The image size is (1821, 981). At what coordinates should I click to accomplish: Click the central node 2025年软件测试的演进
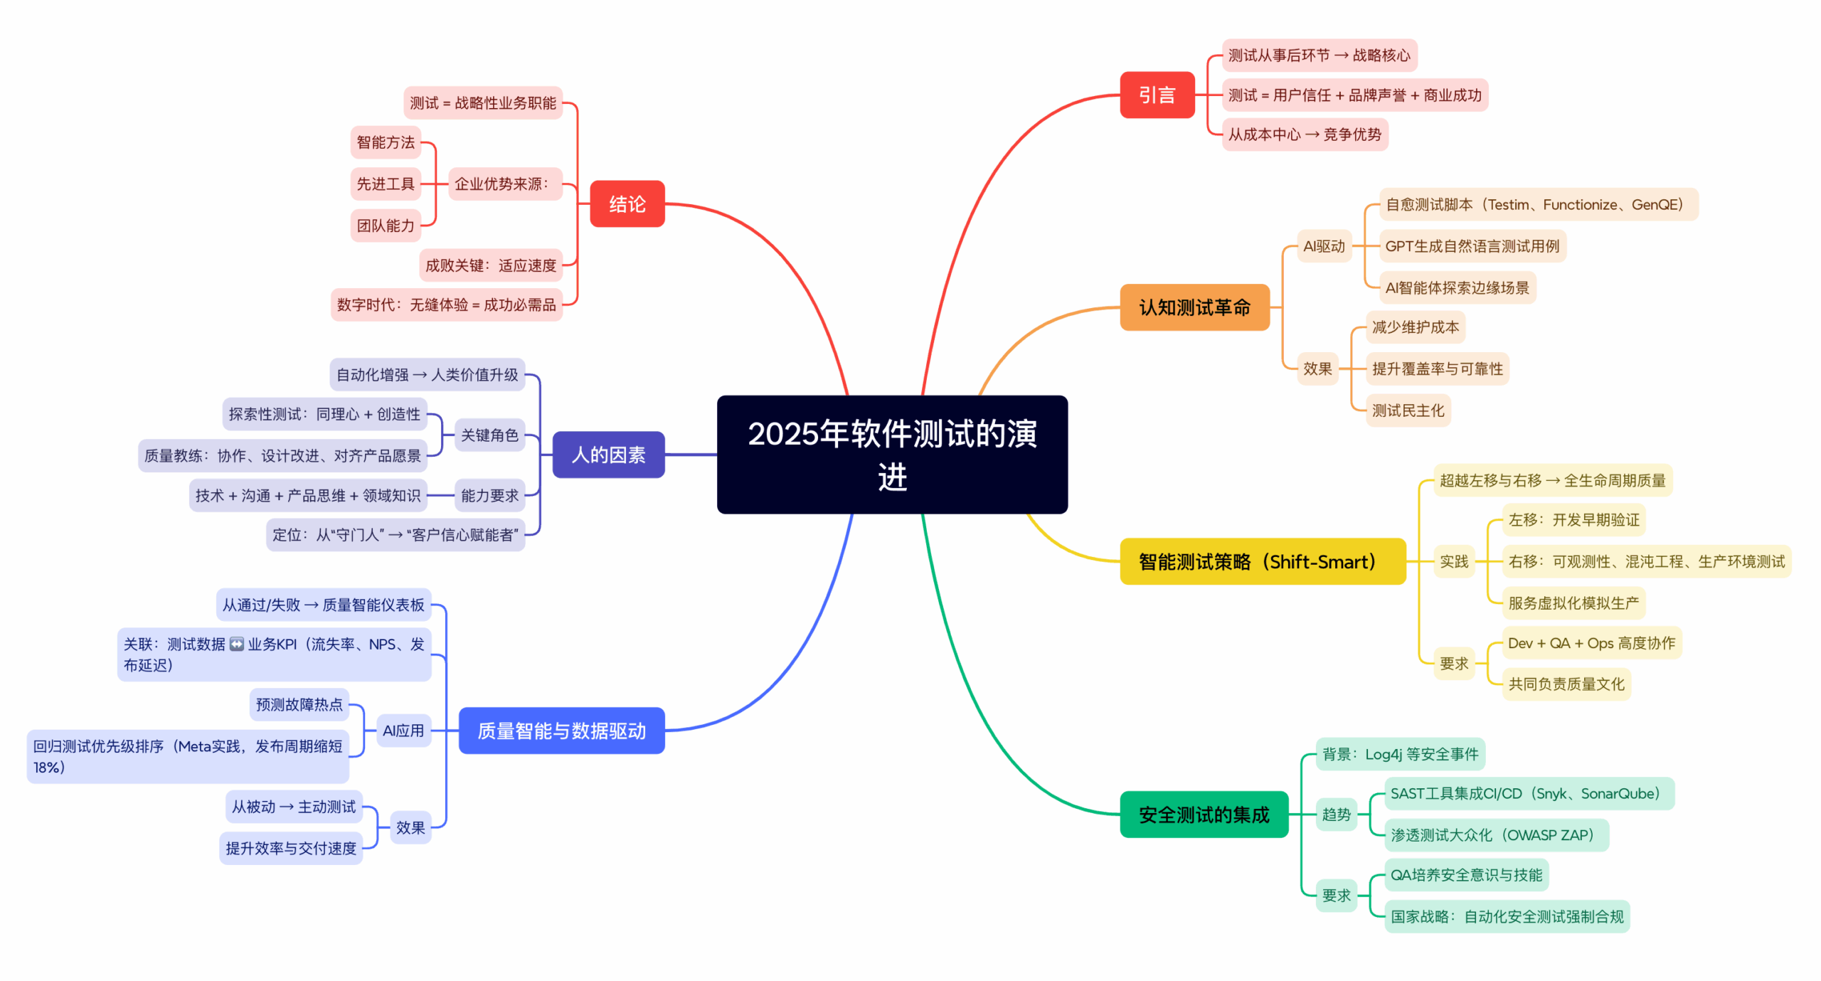click(x=891, y=454)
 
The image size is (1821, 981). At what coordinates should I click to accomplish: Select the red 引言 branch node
click(x=1157, y=95)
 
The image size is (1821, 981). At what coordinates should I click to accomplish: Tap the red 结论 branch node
click(x=627, y=204)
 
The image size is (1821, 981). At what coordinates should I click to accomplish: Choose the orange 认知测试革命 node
click(x=1194, y=307)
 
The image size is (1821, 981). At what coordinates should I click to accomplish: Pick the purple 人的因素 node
click(x=608, y=455)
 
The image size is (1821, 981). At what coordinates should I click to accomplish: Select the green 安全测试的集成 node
click(x=1204, y=814)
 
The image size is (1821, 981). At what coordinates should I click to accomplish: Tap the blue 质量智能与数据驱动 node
click(x=561, y=730)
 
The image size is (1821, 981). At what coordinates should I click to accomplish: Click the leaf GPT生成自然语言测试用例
click(x=1471, y=246)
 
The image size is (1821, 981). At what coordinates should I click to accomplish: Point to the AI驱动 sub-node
click(x=1323, y=246)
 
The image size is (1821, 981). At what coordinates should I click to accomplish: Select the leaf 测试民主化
click(x=1407, y=410)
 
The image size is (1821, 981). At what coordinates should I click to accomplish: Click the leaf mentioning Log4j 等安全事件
click(x=1399, y=753)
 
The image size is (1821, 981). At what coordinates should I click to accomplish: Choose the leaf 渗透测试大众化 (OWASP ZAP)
click(x=1495, y=834)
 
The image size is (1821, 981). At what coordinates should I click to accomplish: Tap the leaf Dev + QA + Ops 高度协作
click(x=1591, y=643)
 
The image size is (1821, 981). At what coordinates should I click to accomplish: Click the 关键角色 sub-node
click(x=489, y=435)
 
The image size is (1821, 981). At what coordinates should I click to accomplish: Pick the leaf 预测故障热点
click(x=299, y=704)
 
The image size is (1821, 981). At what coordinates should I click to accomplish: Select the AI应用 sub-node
click(x=403, y=730)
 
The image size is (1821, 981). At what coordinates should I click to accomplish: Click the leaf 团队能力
click(x=385, y=226)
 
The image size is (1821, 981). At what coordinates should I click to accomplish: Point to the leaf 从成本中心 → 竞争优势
click(x=1304, y=134)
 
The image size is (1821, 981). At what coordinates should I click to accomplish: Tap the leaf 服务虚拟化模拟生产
click(x=1573, y=603)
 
